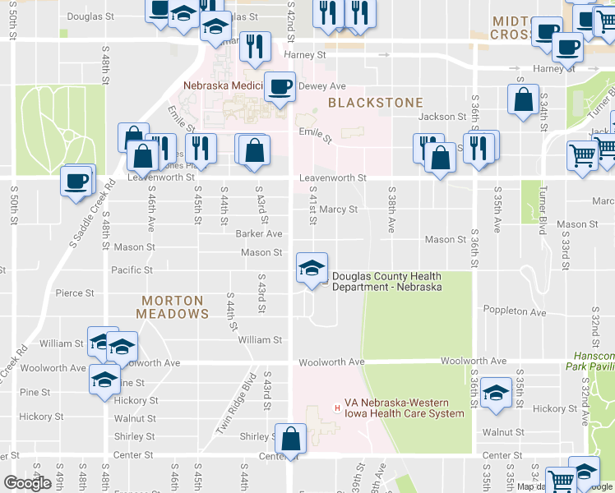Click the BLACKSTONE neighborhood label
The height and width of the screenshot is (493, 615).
[x=375, y=103]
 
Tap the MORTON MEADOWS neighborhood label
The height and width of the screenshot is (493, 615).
[x=173, y=307]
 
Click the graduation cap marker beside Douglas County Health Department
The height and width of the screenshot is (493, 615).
[x=312, y=269]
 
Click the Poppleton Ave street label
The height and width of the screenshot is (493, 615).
[x=515, y=312]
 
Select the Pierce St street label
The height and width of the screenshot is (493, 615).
[x=75, y=293]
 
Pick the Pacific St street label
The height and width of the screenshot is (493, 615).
[x=132, y=270]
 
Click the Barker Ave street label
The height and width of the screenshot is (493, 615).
[x=259, y=234]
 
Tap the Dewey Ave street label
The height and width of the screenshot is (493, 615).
[x=322, y=86]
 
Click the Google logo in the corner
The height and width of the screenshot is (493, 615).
[x=27, y=483]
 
